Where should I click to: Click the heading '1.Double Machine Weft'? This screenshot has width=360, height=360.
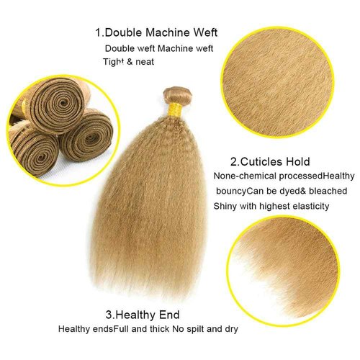point(156,32)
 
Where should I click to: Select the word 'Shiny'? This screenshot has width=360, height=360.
point(225,206)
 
